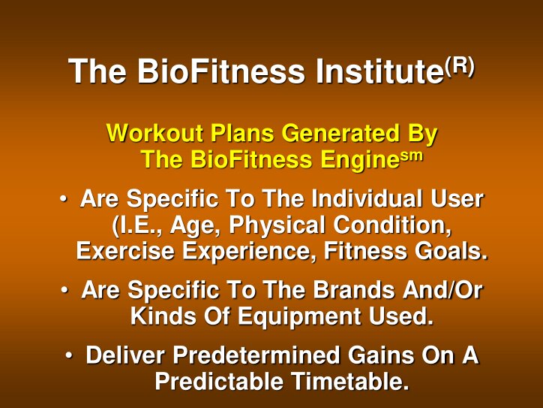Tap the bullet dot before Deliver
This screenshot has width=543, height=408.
68,353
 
